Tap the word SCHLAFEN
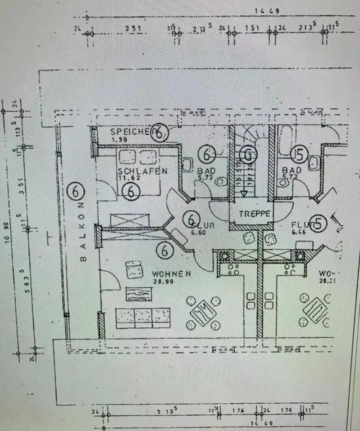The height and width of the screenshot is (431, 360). point(143,171)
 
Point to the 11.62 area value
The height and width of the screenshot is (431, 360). point(129,178)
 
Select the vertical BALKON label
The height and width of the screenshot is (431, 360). point(82,231)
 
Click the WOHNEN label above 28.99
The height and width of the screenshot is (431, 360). point(171,273)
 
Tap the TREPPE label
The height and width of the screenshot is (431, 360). point(255,214)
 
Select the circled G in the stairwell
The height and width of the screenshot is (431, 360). point(246,155)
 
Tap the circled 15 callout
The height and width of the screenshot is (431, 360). point(299,155)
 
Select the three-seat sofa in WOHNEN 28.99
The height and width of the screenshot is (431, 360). point(143,318)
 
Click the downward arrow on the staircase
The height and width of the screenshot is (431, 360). point(243,194)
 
